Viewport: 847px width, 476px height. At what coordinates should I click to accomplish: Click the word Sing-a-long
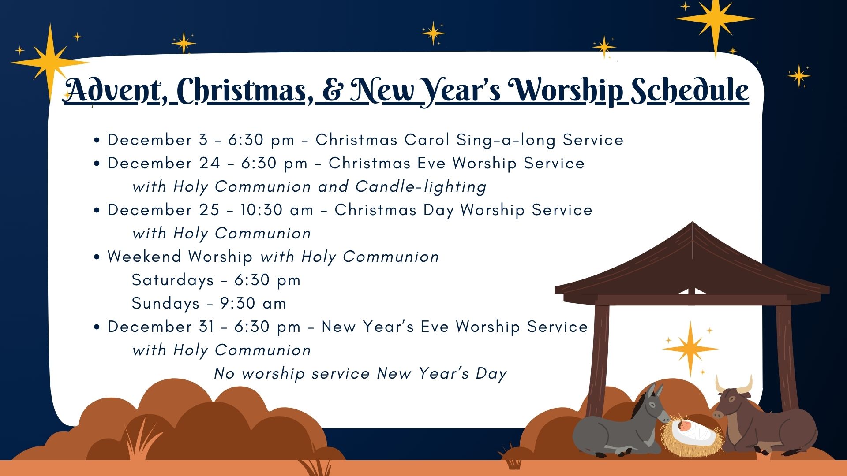506,140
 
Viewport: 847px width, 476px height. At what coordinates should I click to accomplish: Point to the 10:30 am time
277,210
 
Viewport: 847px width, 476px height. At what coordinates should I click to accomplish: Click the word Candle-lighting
421,187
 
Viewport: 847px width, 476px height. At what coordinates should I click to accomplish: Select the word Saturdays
172,280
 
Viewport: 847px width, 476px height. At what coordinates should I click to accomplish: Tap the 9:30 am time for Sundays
253,303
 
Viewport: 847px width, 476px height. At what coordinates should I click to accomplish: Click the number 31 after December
206,327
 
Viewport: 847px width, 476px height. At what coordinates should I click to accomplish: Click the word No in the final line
224,374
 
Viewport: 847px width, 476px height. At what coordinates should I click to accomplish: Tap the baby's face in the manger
684,426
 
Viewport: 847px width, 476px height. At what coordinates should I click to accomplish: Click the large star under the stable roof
690,349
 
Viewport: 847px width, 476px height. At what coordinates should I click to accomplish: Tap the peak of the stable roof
692,223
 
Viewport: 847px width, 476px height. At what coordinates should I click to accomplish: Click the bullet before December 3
97,141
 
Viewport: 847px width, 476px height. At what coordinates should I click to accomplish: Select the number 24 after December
209,164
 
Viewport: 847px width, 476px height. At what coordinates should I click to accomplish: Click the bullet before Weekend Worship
97,257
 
